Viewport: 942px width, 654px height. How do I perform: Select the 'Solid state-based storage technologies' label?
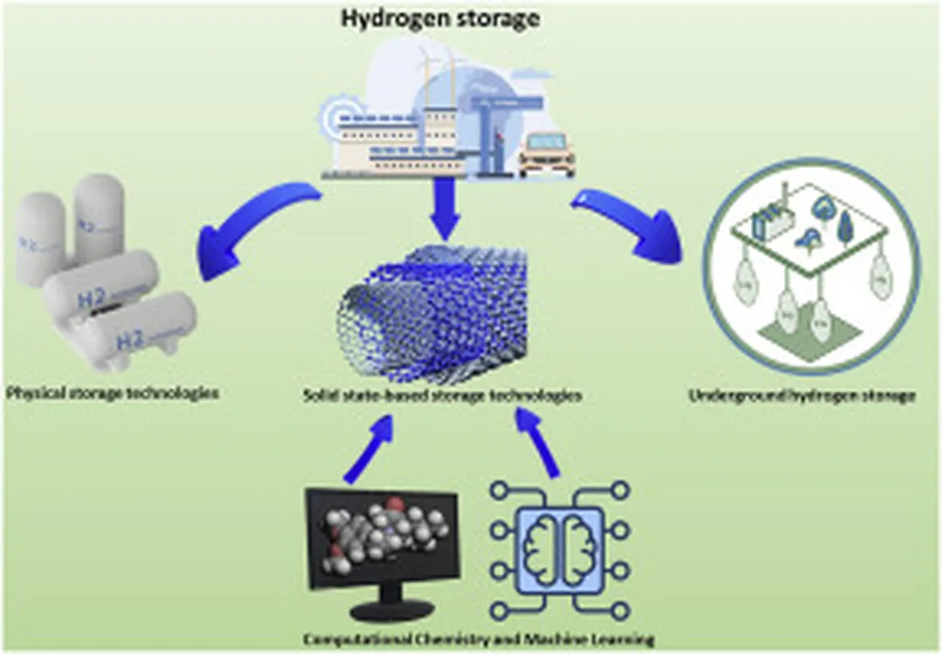[442, 396]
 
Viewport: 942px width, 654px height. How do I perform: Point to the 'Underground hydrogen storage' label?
[801, 397]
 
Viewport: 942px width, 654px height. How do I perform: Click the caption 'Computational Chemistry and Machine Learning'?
[478, 639]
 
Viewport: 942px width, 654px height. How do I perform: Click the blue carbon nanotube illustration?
[432, 313]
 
